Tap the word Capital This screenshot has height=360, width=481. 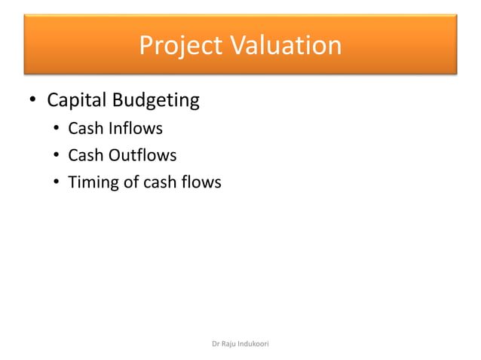(77, 100)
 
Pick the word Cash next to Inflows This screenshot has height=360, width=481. (85, 129)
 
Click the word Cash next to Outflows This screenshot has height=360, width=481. (85, 155)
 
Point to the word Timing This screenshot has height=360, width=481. (91, 182)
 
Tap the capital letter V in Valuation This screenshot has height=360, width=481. (235, 46)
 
